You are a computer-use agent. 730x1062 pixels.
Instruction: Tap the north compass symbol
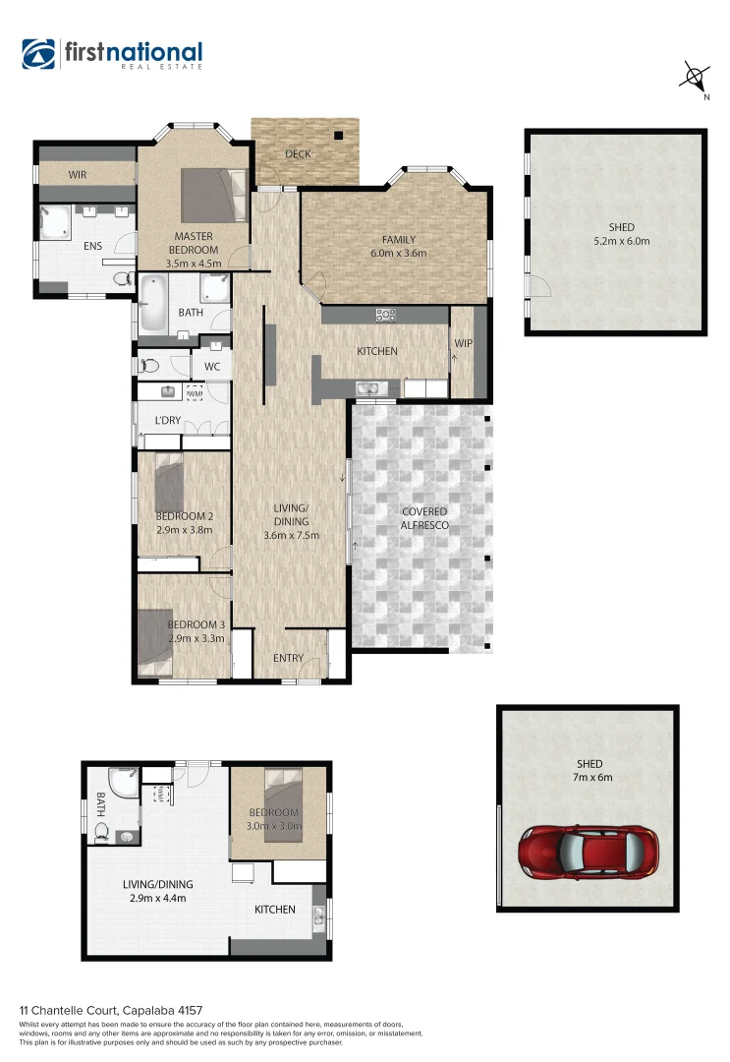point(696,77)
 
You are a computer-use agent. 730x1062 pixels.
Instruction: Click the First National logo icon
point(39,55)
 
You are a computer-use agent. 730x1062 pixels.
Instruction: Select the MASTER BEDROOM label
point(194,243)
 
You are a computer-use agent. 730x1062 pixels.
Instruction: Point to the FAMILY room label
point(398,240)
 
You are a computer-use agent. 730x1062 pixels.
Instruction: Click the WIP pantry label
point(463,344)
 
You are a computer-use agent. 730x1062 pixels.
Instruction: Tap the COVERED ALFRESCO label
point(423,519)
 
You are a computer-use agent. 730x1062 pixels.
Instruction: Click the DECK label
point(299,154)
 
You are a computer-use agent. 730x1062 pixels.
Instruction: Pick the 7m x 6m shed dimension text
point(590,778)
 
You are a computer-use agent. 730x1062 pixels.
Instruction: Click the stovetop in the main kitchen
point(386,316)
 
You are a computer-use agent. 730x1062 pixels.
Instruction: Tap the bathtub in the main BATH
point(153,303)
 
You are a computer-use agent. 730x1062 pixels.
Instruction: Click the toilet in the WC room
point(149,366)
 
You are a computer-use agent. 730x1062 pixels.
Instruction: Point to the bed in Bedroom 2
point(169,481)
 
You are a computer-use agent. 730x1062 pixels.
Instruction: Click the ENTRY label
point(288,658)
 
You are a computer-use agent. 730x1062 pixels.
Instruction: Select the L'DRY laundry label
point(168,421)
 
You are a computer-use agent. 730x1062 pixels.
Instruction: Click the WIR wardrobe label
point(80,174)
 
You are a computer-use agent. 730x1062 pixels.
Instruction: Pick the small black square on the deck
point(339,137)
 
